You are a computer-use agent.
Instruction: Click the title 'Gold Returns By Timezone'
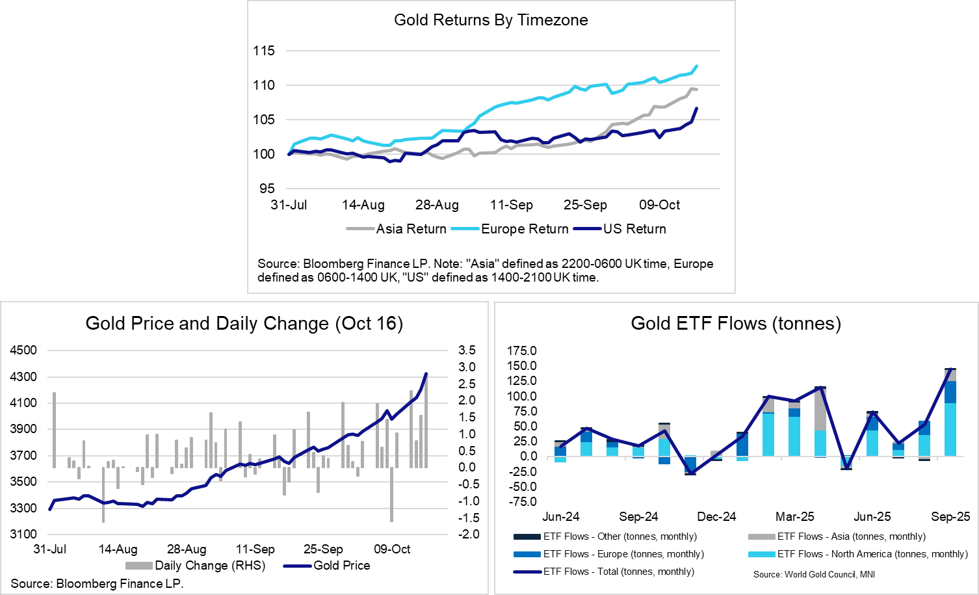491,20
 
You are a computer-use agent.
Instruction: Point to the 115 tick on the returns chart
264,51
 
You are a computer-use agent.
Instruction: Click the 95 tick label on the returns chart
267,189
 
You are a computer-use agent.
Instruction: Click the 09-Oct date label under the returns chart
659,205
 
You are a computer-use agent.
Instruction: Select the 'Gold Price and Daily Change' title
244,323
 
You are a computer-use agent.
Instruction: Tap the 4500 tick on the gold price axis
23,350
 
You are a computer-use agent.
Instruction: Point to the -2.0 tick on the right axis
467,535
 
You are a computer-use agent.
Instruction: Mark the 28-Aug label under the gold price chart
187,549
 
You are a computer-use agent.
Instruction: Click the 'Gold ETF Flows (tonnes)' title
736,323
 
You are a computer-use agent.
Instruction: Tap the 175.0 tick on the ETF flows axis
522,351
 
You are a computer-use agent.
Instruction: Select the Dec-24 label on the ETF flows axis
716,517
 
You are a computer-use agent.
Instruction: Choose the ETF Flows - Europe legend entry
623,554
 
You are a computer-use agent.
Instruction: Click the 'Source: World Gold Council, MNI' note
814,574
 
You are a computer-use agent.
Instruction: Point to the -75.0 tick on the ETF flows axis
522,502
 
